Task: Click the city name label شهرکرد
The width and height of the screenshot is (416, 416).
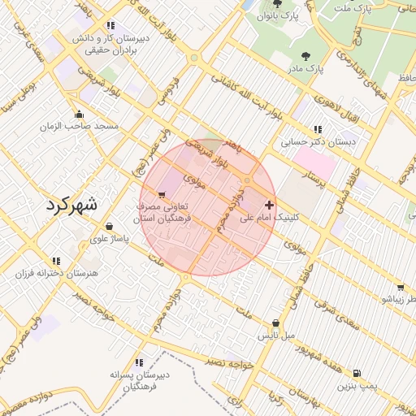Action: pos(72,204)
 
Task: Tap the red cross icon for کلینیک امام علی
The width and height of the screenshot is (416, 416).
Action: pos(269,204)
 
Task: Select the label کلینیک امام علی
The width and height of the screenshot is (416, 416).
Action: pos(271,218)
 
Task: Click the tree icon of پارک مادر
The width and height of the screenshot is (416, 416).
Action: pos(305,56)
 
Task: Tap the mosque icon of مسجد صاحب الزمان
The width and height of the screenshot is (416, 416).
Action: pos(79,114)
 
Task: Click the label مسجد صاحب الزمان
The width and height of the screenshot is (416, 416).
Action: pos(80,126)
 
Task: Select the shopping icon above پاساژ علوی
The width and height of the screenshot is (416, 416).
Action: pos(109,227)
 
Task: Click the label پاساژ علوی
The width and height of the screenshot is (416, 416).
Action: pos(109,239)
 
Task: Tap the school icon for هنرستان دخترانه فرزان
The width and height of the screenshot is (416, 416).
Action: pos(56,261)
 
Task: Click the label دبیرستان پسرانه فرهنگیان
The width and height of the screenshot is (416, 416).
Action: pos(139,381)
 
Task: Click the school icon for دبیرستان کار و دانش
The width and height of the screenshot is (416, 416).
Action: pos(110,25)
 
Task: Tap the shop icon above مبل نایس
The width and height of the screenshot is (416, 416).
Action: pos(276,323)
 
